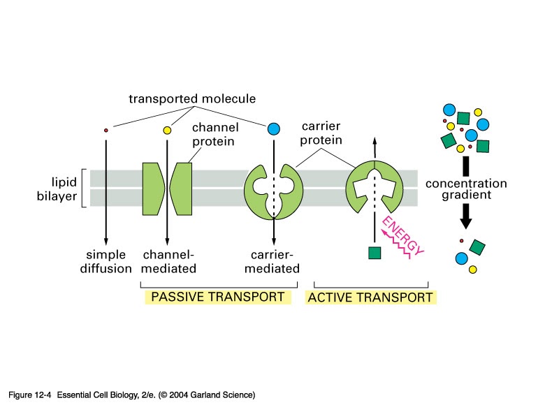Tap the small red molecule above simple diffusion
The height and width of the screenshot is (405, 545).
click(x=106, y=130)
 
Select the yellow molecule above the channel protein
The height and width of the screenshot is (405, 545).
click(x=167, y=130)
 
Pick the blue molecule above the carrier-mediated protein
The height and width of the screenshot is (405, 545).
click(x=274, y=128)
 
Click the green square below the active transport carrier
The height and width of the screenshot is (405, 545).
click(x=374, y=252)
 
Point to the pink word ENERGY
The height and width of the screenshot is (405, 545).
click(x=402, y=237)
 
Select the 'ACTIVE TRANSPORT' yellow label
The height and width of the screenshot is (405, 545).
click(x=370, y=297)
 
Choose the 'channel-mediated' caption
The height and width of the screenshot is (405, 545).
click(x=168, y=261)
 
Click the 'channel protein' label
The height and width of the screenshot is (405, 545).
click(x=215, y=135)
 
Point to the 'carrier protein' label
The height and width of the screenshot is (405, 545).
click(x=322, y=134)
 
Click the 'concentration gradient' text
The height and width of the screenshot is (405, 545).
click(x=466, y=189)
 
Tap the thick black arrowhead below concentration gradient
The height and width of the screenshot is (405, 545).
click(x=467, y=222)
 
